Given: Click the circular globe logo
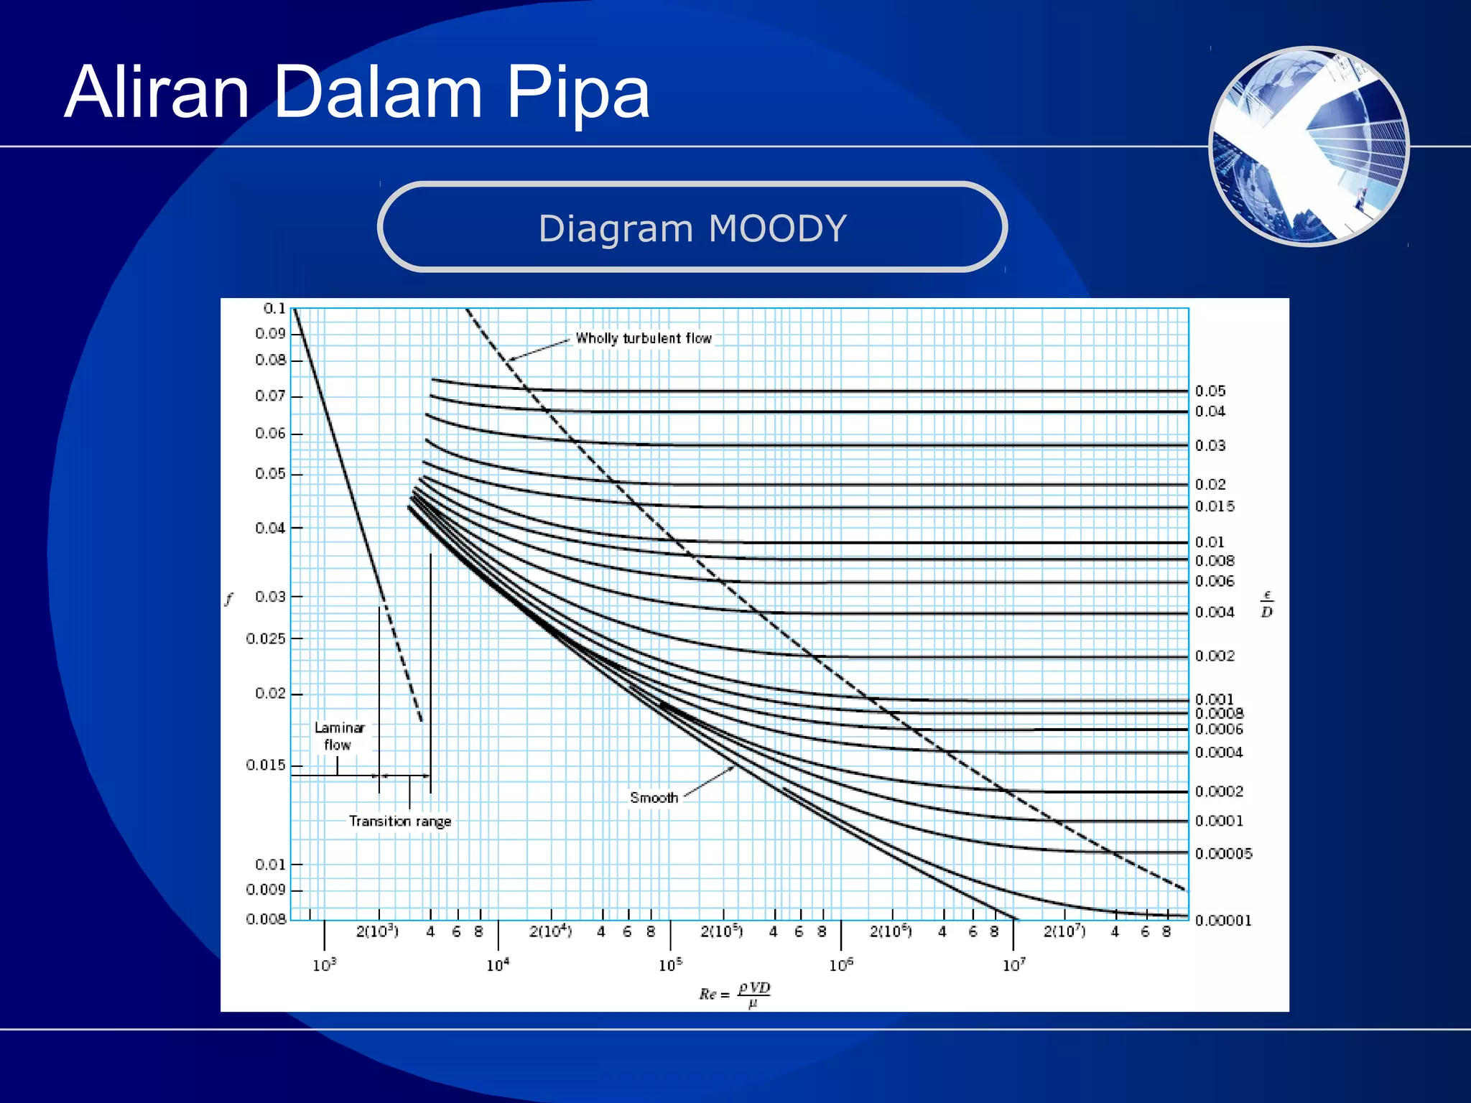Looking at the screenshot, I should pos(1309,146).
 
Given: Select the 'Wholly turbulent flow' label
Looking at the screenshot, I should pos(644,338).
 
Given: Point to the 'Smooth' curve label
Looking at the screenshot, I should pos(654,798).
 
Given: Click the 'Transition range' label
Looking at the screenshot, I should pos(400,821).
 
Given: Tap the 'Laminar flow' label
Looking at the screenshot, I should pos(339,736).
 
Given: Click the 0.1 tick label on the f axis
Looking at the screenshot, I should pos(274,309).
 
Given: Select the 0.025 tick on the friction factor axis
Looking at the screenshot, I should pos(266,638).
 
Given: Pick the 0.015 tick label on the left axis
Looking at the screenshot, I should pos(266,765).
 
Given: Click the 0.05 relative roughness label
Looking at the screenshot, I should pos(1210,391).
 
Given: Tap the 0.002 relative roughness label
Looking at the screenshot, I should pos(1215,656).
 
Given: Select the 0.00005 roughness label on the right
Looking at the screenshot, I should pos(1223,853).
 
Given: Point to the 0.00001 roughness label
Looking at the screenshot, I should pos(1223,920).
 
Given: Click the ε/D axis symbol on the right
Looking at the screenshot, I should pos(1267,605).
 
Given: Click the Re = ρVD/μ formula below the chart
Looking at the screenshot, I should pos(735,994).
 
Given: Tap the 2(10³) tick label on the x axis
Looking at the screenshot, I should pos(377,931).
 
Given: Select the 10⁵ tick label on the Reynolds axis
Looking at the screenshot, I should pos(670,965).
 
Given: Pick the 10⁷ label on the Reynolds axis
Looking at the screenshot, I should pos(1014,965).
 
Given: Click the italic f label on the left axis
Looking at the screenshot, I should pos(229,599).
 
